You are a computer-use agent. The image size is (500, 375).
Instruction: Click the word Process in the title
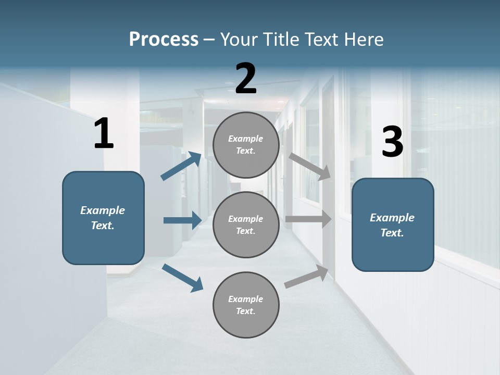click(164, 40)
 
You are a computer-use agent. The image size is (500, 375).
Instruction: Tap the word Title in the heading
click(281, 40)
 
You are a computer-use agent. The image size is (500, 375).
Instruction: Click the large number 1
click(104, 134)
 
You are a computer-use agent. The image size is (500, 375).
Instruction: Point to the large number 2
click(246, 79)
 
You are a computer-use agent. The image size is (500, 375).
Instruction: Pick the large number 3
click(392, 142)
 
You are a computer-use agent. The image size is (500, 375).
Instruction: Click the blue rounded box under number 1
click(103, 218)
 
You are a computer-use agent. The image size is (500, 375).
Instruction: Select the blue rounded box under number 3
click(393, 224)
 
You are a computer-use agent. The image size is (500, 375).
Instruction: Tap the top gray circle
click(246, 145)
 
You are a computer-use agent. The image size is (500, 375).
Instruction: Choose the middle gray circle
click(246, 224)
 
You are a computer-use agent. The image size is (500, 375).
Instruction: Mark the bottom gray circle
click(246, 305)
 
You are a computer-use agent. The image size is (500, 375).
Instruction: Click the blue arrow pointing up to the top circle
click(181, 166)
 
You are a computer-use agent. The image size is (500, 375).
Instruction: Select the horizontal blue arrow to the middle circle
click(182, 220)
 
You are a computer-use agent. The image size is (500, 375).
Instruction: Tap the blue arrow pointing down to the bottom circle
click(182, 278)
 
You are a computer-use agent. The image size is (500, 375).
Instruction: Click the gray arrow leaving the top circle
click(310, 167)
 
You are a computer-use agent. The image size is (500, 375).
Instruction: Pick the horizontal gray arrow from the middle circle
click(308, 219)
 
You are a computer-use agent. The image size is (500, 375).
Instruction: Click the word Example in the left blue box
click(103, 210)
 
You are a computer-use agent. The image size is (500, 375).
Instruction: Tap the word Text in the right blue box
click(392, 233)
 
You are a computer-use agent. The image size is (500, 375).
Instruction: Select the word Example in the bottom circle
click(245, 299)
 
